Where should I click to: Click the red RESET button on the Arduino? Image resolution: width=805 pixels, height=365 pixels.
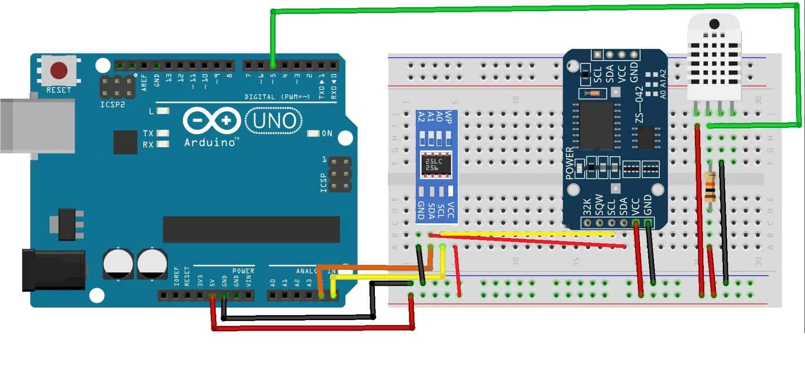pos(59,70)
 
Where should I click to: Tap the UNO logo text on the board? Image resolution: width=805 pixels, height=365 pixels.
pos(274,121)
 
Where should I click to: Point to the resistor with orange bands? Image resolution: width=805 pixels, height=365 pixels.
pos(710,187)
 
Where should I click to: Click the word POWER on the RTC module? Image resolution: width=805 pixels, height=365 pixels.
pos(570,163)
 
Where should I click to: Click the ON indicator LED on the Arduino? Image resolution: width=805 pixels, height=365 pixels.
pos(313,133)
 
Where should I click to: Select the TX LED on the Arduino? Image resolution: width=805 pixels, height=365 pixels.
pos(163,133)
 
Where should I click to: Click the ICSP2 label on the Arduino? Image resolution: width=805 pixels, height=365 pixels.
pos(112,105)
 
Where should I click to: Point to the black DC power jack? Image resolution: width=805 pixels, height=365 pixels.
pos(54,271)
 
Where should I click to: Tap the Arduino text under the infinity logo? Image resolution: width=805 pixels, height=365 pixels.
pos(210,143)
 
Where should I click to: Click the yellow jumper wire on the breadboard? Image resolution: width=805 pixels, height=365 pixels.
pos(526,234)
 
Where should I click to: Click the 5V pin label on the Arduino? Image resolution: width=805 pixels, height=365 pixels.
pos(212,282)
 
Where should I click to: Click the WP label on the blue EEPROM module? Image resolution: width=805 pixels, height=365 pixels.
pos(448,117)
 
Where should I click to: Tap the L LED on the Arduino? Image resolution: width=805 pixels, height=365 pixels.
pos(163,110)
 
